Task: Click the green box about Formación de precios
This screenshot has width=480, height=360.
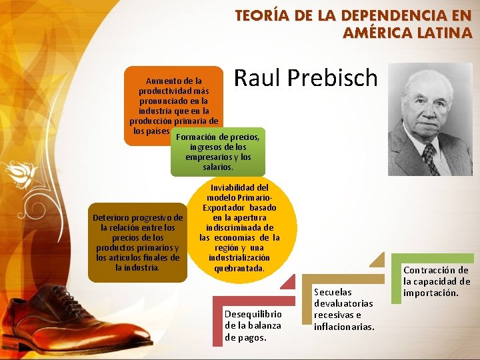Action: [218, 152]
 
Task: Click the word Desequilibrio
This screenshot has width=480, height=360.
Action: [253, 314]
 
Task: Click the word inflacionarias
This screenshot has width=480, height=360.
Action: [344, 326]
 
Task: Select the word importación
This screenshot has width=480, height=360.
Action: [431, 293]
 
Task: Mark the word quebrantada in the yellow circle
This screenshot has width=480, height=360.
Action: [239, 268]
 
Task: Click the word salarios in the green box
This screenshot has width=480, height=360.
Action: [218, 167]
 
